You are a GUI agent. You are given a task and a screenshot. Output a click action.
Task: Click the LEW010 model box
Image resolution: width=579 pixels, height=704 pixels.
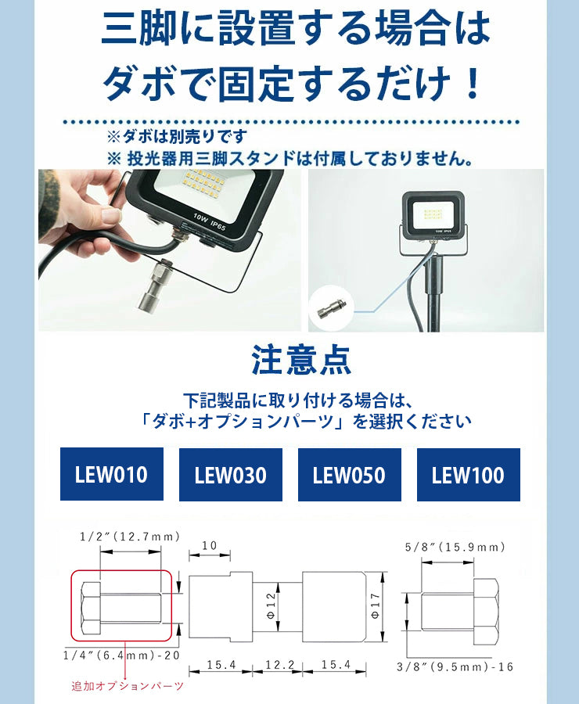(x=112, y=474)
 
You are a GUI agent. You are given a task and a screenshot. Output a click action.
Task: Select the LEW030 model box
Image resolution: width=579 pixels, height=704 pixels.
(x=231, y=475)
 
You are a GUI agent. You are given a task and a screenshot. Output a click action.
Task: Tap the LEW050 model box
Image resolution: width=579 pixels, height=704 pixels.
(x=350, y=475)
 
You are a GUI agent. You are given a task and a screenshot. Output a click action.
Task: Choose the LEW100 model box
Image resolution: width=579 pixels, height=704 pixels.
(x=469, y=475)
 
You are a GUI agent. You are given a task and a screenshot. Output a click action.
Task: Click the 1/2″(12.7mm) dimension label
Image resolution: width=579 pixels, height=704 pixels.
(x=130, y=537)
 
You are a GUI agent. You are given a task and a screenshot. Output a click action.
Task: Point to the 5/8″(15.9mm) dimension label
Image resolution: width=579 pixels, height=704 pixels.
(x=455, y=548)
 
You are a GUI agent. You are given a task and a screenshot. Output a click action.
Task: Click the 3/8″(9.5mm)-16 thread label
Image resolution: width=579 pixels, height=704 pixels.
(x=455, y=667)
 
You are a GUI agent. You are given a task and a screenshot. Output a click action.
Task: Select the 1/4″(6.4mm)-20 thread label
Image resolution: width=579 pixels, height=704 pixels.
(x=121, y=656)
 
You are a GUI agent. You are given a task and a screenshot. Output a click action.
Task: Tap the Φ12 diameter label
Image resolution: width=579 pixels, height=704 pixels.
(x=271, y=605)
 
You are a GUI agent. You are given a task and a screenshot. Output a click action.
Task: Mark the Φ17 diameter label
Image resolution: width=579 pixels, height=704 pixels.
(x=376, y=605)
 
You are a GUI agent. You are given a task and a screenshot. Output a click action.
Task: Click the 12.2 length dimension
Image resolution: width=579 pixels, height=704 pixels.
(x=280, y=664)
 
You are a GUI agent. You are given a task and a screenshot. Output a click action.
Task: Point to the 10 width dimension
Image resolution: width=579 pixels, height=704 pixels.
(x=210, y=545)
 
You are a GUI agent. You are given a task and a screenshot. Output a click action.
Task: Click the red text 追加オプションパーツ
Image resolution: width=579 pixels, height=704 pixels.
(x=128, y=686)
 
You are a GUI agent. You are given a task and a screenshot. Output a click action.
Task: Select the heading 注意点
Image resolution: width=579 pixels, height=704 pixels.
(x=301, y=360)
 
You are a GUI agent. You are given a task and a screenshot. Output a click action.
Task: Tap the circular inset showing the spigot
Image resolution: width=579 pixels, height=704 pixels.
(x=332, y=308)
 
